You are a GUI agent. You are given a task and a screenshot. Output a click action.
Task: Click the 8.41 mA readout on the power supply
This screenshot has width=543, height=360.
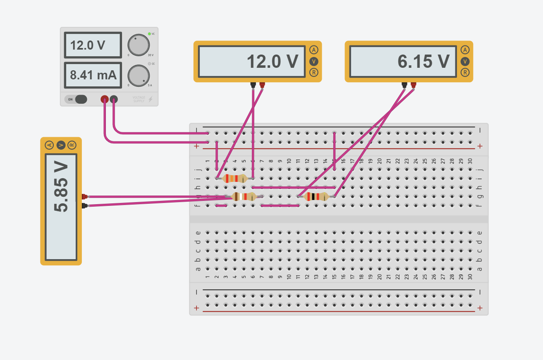93,75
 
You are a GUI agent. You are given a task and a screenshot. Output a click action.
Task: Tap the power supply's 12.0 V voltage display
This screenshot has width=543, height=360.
93,45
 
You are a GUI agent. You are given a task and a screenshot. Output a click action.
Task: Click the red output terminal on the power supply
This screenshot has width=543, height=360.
105,99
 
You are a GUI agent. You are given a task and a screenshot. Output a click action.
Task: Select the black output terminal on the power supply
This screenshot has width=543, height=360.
114,99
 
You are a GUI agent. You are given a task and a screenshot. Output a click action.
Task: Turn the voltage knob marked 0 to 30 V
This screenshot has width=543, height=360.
138,45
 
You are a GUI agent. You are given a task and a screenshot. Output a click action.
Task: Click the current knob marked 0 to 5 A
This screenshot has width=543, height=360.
138,76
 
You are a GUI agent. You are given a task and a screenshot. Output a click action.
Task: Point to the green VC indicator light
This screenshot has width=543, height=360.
149,33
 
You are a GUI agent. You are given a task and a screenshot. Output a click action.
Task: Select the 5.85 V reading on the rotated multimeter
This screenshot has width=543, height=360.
61,207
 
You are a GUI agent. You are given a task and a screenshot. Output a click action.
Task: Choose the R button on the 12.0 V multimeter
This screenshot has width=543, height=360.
314,73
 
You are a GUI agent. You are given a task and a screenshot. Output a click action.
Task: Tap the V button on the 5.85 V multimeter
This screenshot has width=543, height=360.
61,145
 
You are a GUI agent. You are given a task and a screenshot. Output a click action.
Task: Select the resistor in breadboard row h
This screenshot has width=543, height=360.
234,179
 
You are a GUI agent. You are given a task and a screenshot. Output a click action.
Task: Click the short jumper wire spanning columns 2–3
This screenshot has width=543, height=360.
221,205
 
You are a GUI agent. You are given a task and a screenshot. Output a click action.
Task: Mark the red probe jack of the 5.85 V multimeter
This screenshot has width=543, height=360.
84,197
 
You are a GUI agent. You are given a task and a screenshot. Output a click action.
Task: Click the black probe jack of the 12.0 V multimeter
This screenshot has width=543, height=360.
253,85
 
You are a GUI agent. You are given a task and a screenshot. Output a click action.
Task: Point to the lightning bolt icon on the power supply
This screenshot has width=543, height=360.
150,99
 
